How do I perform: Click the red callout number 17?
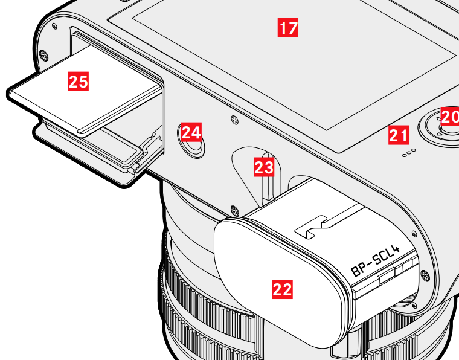(288, 28)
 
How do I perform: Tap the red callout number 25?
(79, 82)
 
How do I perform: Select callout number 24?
(191, 132)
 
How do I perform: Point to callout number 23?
(264, 167)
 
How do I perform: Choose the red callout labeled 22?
(283, 289)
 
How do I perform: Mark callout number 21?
(399, 135)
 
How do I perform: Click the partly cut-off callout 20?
(450, 117)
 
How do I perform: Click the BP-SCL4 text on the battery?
(376, 262)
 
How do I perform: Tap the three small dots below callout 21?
(409, 153)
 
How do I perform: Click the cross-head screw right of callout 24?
(234, 120)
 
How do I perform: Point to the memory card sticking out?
(85, 91)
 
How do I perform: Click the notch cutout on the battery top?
(311, 227)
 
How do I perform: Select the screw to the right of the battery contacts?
(425, 275)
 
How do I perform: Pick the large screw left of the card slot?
(43, 55)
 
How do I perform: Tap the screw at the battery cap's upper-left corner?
(235, 210)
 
